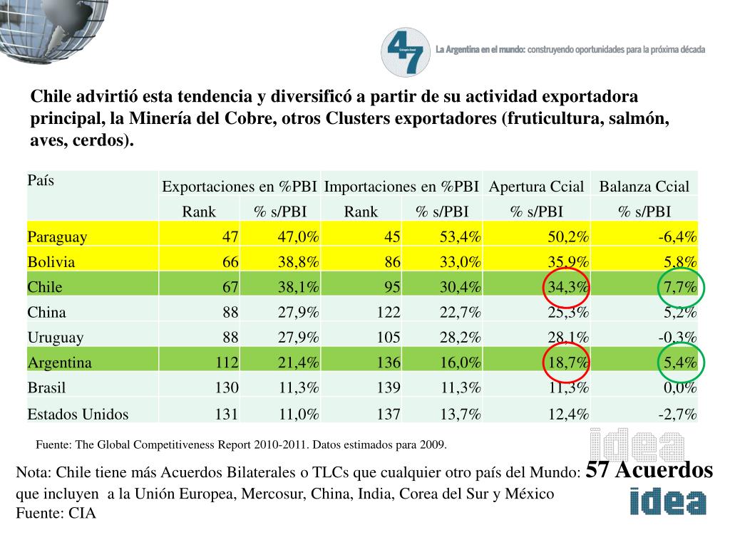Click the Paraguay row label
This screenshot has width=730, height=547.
[57, 237]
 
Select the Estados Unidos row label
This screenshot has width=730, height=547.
[78, 414]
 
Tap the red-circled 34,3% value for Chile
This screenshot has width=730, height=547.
[568, 288]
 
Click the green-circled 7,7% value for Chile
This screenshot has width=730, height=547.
[681, 288]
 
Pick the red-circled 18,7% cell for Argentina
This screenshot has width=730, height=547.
[567, 363]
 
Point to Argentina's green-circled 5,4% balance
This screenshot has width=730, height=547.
[681, 363]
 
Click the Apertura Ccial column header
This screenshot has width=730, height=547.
[536, 187]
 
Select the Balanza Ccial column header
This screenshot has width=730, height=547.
[644, 187]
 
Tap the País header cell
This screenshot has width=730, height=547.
[41, 181]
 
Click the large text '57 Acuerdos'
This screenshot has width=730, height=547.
[649, 471]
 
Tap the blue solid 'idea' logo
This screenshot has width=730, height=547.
[668, 501]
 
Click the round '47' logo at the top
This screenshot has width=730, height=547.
[406, 52]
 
